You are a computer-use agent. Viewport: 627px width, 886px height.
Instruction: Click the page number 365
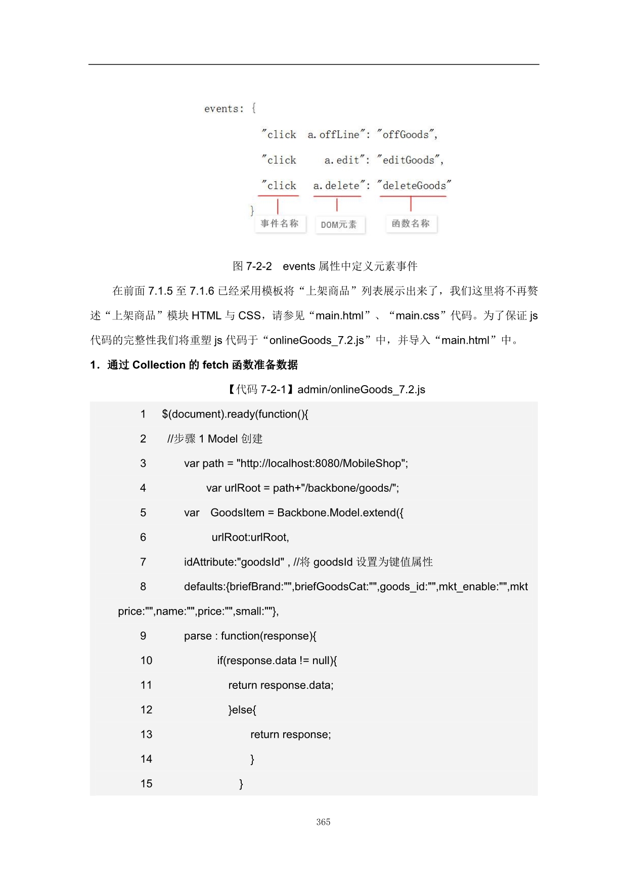[x=323, y=822]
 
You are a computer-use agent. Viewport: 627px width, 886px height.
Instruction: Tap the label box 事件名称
[x=280, y=223]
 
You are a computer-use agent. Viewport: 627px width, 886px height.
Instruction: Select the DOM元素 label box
[x=339, y=224]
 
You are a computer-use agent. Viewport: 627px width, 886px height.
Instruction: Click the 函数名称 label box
[x=411, y=223]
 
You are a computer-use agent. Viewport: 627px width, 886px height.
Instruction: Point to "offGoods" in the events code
[x=406, y=134]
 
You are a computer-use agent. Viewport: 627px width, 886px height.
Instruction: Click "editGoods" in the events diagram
[x=409, y=160]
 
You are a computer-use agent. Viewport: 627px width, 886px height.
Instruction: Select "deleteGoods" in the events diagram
[x=414, y=185]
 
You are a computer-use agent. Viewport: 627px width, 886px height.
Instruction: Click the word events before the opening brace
[x=221, y=109]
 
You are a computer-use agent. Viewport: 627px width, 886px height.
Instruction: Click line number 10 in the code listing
[x=146, y=660]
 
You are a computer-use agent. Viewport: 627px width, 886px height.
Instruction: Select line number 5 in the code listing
[x=143, y=512]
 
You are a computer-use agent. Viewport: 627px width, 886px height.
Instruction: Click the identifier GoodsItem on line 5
[x=237, y=512]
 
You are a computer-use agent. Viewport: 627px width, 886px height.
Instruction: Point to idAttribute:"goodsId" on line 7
[x=234, y=562]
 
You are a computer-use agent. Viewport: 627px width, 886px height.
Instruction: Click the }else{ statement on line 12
[x=242, y=710]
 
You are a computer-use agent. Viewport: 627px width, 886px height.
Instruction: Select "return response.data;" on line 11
[x=281, y=685]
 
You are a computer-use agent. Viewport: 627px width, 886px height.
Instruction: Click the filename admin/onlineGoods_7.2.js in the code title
[x=361, y=389]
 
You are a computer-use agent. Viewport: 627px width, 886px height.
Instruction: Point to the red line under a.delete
[x=337, y=196]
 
